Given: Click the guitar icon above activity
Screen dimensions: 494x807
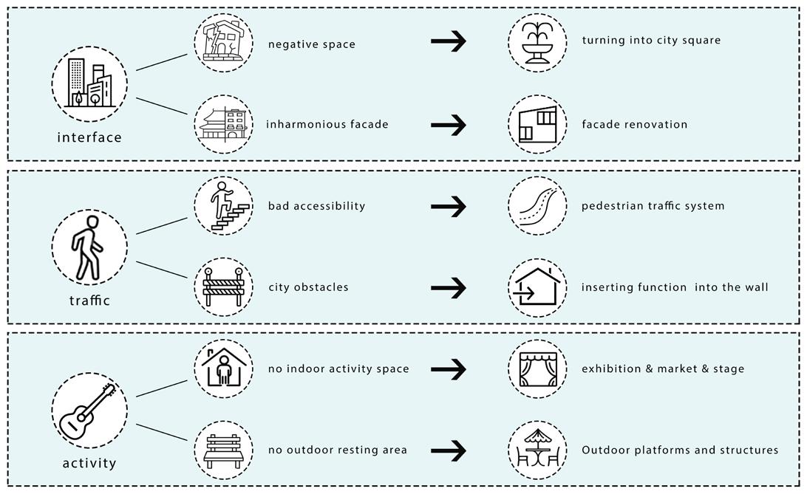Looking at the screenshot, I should (89, 411).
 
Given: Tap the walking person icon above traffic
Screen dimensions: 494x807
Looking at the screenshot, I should (89, 247).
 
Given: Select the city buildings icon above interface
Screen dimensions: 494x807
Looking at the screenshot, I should (89, 84).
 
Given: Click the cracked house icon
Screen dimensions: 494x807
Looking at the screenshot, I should (223, 43).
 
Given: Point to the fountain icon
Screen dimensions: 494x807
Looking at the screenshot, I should (537, 43).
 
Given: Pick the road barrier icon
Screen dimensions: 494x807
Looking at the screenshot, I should (223, 287).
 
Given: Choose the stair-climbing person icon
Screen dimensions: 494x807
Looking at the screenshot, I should (223, 206).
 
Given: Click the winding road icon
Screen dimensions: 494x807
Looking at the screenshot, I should (537, 206).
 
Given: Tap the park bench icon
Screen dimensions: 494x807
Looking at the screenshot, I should (223, 450).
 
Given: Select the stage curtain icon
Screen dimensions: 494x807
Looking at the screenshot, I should (537, 368).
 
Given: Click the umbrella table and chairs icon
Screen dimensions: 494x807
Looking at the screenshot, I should (537, 450).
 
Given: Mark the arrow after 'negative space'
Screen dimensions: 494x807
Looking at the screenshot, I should (449, 41).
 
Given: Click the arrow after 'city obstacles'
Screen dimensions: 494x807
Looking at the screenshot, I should (449, 287).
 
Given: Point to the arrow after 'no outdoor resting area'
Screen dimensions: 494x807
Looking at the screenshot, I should (449, 450).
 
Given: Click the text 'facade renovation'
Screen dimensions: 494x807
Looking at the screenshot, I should (634, 124).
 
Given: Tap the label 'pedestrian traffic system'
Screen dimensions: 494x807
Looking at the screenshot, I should (653, 206).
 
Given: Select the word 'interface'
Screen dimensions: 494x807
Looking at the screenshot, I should (89, 137).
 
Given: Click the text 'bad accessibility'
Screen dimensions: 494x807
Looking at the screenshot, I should (316, 206).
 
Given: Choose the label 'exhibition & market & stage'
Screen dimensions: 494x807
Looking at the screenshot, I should (662, 368).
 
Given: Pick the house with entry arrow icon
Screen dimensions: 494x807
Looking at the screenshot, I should (537, 287).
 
